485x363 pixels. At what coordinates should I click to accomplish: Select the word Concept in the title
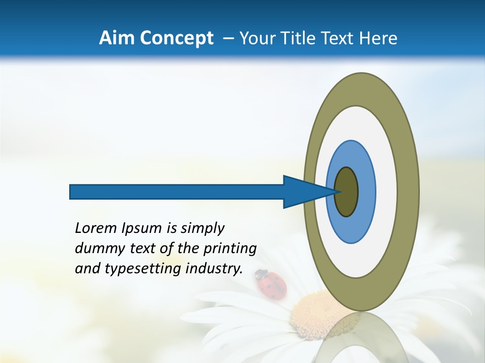(176, 39)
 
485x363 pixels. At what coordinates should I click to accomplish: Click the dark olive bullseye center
(346, 192)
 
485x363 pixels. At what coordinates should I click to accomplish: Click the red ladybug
(272, 284)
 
